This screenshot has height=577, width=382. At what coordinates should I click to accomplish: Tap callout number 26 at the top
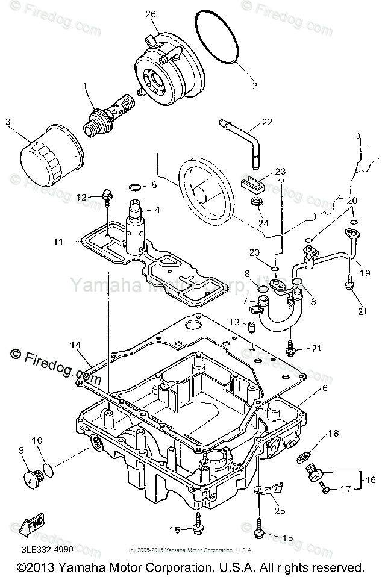click(150, 13)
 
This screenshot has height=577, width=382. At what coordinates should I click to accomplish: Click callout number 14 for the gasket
click(75, 345)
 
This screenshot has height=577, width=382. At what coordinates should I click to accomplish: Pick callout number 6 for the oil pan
click(325, 388)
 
